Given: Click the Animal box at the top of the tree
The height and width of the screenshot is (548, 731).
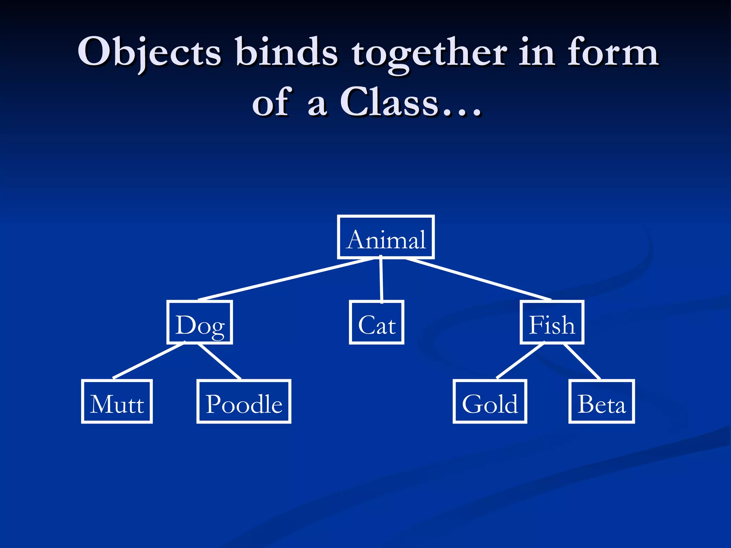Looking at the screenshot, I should pos(386,237).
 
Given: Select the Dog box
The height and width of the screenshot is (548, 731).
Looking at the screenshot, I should pos(200,323).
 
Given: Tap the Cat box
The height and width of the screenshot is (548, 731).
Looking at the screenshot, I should pos(377,323).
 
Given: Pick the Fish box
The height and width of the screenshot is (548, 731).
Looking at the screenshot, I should pos(552,323).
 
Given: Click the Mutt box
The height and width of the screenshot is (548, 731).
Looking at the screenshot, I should pos(117,402).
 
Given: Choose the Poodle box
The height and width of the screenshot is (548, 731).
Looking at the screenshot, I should pos(244,402).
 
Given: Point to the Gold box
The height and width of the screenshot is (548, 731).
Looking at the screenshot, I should pos(490,402).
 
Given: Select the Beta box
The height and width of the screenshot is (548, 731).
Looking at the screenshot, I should pos(601,402).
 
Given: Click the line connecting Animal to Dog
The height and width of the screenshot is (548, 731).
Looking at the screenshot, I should pos(286,279).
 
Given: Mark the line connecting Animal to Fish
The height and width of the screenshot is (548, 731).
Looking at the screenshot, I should pos(478,279).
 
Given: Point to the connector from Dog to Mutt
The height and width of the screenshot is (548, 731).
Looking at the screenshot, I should pos(149,360).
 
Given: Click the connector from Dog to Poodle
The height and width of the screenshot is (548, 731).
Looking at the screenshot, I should pos(219,361).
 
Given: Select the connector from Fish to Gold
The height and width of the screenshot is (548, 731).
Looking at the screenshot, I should pos(520,360).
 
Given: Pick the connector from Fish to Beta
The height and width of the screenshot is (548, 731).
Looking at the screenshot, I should pos(582,361).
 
